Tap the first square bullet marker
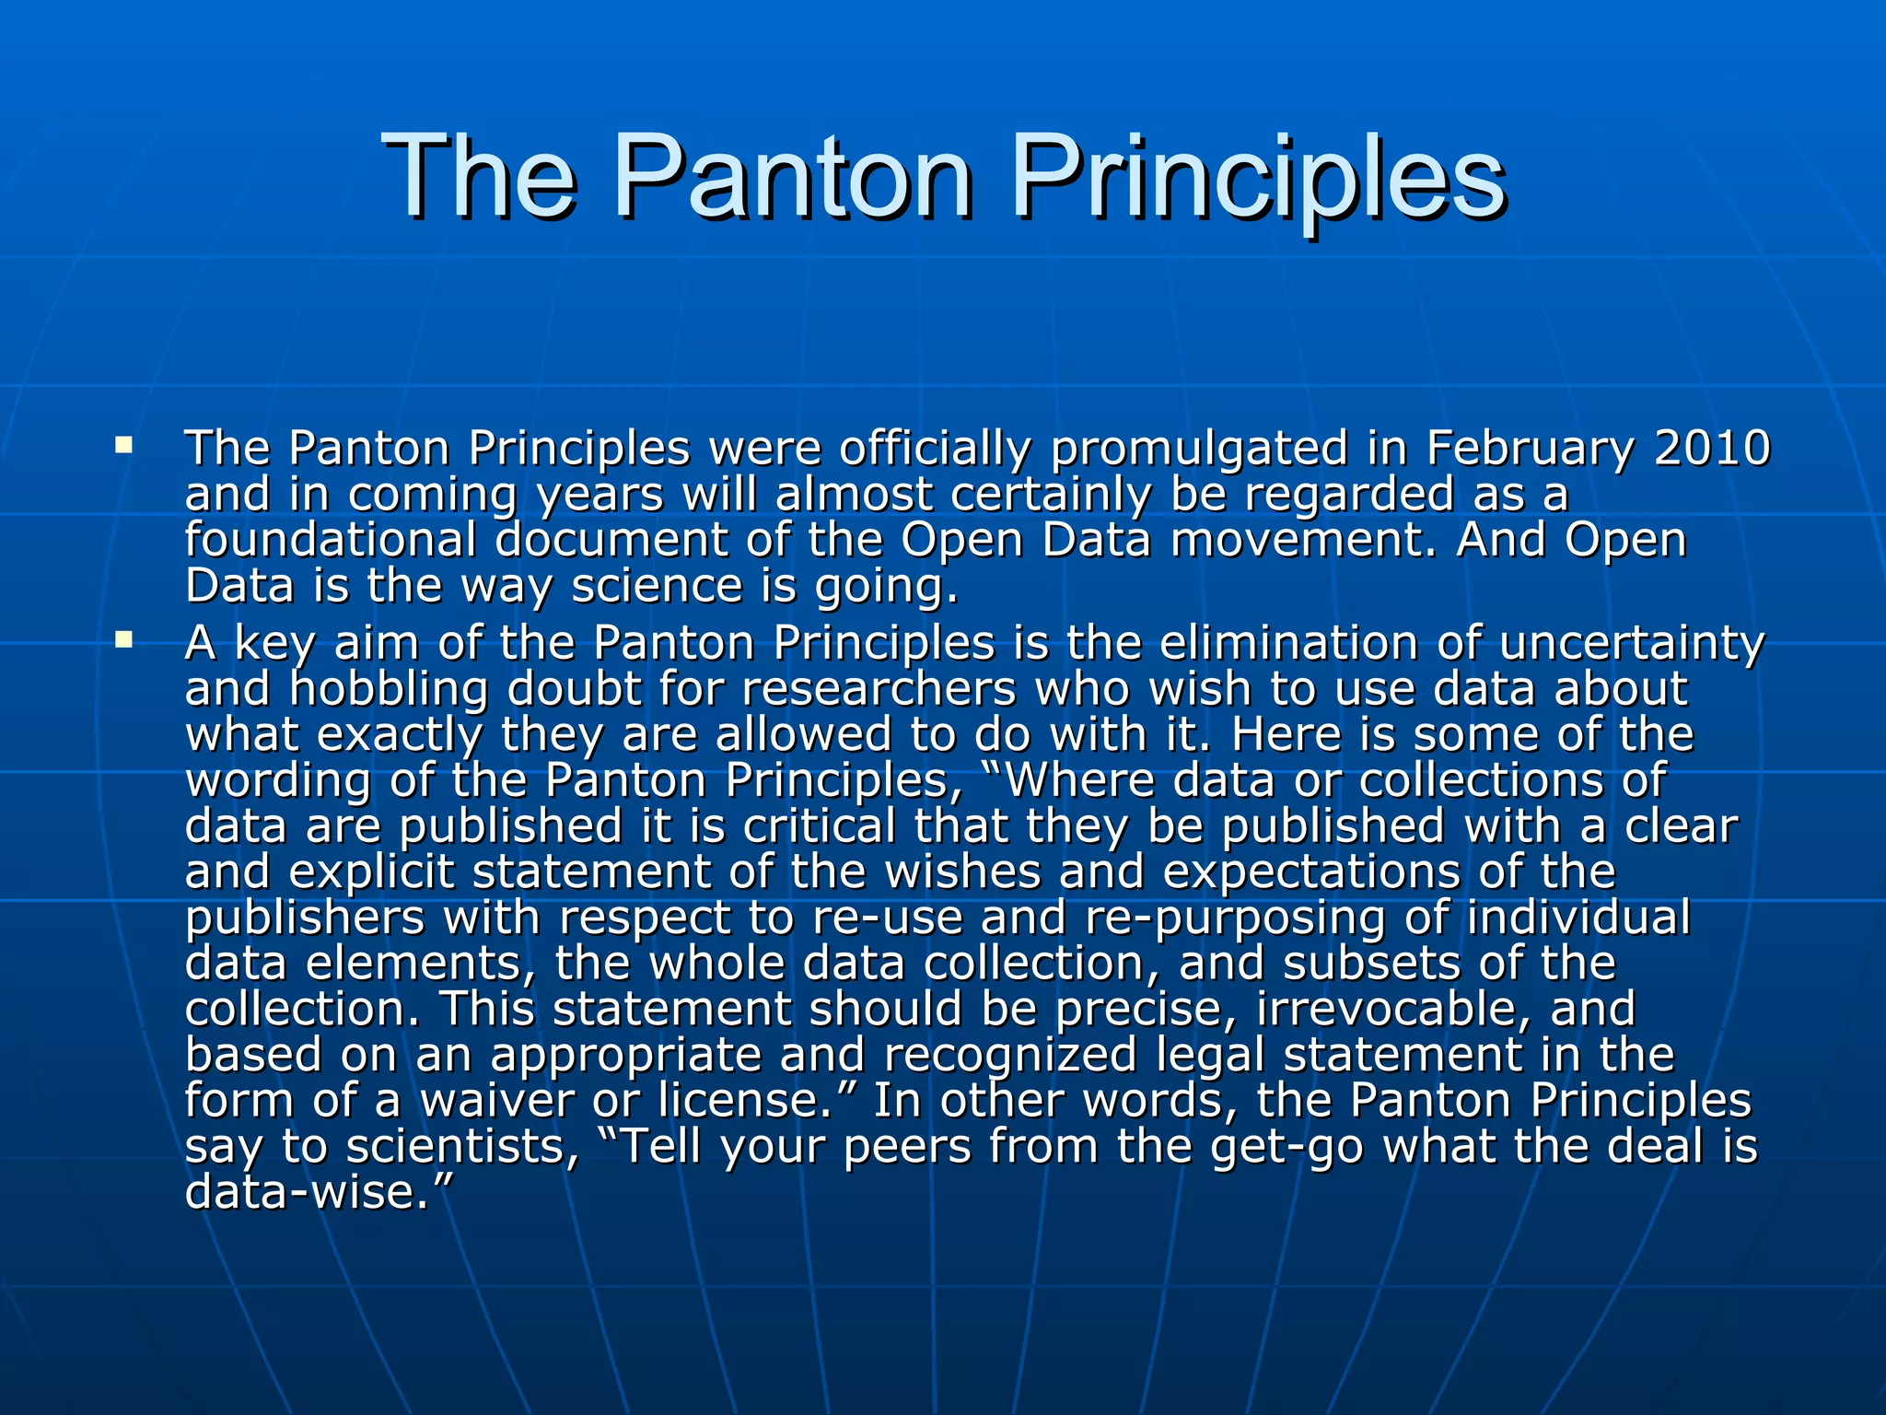tap(123, 447)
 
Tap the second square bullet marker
tap(123, 638)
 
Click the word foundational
tap(331, 540)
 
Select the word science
tap(657, 586)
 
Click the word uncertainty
tap(1632, 643)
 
